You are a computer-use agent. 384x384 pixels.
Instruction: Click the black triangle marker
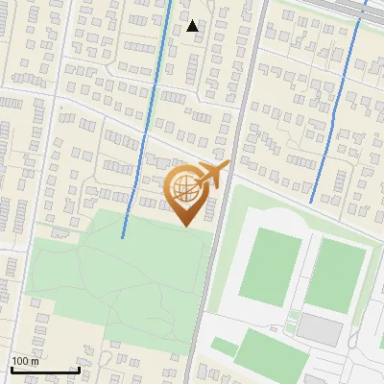pos(193,26)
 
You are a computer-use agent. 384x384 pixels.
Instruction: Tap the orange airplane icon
pos(213,174)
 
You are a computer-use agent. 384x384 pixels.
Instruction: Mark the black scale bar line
pos(44,370)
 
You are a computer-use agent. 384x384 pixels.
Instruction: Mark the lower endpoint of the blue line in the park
pos(123,237)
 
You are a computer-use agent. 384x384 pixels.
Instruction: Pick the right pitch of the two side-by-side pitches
pos(336,274)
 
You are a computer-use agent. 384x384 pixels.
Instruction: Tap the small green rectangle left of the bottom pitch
pos(224,347)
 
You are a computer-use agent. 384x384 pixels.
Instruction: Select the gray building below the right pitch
pos(319,329)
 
